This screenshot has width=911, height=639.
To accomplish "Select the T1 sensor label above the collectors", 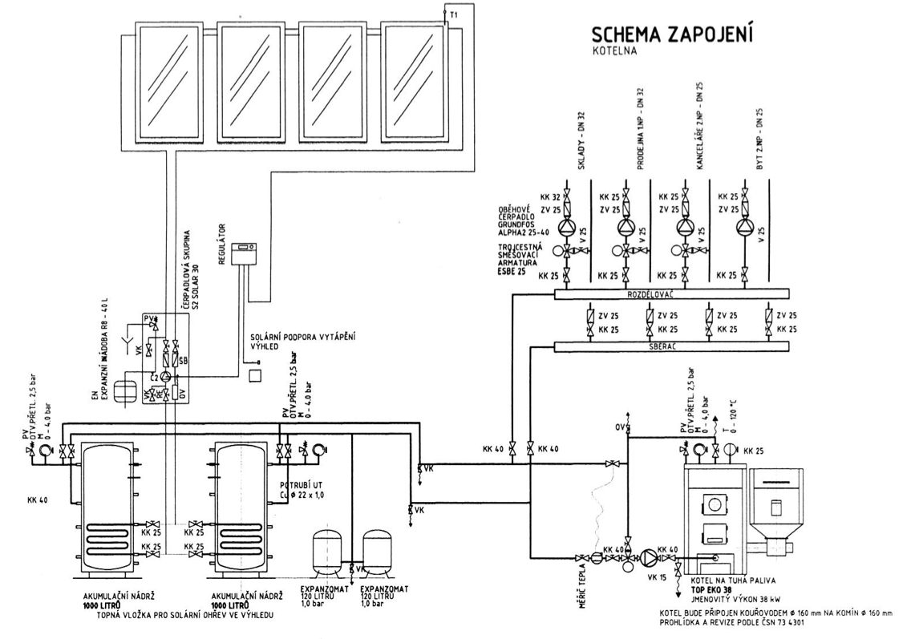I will click(x=454, y=15).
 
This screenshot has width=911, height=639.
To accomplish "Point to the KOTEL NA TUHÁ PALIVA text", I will click(x=727, y=580).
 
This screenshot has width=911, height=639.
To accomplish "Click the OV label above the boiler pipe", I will click(x=617, y=426).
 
